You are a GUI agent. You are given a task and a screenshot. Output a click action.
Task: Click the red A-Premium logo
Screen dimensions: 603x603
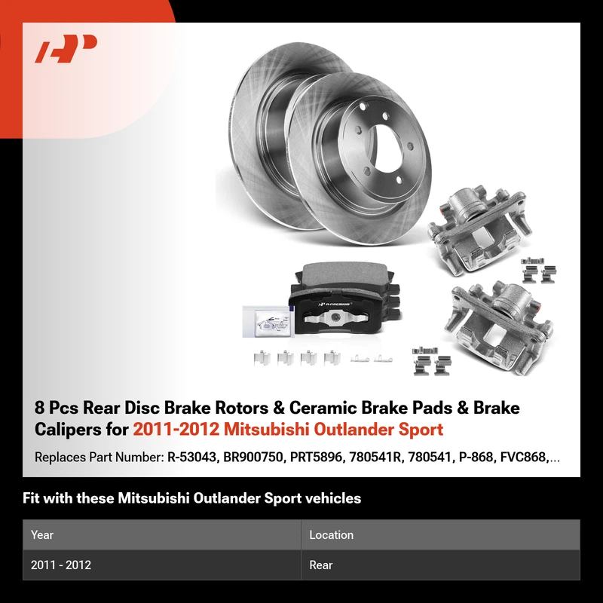click(66, 48)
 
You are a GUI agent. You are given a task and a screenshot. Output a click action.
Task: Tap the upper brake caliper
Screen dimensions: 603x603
click(479, 228)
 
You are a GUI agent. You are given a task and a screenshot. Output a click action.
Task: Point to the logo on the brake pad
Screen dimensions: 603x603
click(335, 304)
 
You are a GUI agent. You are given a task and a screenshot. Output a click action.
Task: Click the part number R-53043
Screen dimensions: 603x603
click(191, 457)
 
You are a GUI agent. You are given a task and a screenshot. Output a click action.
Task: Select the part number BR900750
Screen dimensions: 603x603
click(253, 457)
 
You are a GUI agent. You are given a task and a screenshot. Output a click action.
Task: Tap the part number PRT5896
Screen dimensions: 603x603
click(316, 457)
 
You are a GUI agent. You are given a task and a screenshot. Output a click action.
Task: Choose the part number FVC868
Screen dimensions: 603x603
click(523, 457)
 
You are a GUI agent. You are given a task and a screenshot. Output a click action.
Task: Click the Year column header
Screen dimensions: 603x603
click(42, 534)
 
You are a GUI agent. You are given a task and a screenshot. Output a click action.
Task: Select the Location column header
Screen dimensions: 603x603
click(331, 534)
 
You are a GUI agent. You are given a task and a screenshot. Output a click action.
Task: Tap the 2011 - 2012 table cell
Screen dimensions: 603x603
click(61, 565)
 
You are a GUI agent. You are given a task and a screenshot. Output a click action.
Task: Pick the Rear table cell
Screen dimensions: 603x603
click(321, 565)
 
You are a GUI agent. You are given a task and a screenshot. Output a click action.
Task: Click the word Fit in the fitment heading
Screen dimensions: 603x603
click(31, 498)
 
